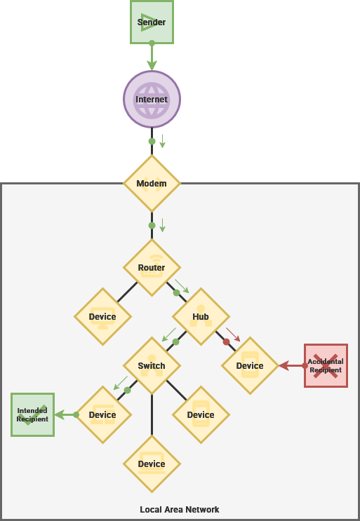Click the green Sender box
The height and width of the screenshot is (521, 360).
[152, 22]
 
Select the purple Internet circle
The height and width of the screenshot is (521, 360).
[152, 99]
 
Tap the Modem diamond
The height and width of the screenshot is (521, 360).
[152, 184]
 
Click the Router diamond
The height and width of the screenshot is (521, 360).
[152, 267]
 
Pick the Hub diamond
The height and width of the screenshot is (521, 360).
[201, 317]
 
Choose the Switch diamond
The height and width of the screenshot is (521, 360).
[152, 365]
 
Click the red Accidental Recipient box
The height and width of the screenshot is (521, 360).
[326, 365]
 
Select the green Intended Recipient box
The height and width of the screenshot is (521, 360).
[32, 414]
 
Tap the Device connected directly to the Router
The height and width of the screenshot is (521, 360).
[102, 317]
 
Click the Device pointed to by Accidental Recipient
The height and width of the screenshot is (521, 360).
[250, 365]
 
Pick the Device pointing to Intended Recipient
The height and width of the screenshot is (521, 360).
[102, 414]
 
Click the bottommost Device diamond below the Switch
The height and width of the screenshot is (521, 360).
[152, 464]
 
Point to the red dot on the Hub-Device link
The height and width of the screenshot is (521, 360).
[227, 341]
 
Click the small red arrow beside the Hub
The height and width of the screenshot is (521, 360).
[233, 334]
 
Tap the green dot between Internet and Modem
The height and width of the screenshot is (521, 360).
[152, 142]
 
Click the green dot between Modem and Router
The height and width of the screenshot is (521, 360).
[152, 226]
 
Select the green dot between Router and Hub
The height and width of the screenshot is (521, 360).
[177, 292]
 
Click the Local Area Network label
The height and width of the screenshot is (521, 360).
[180, 510]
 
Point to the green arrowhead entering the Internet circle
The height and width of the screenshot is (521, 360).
[152, 65]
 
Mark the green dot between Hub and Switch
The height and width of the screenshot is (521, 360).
[176, 341]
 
